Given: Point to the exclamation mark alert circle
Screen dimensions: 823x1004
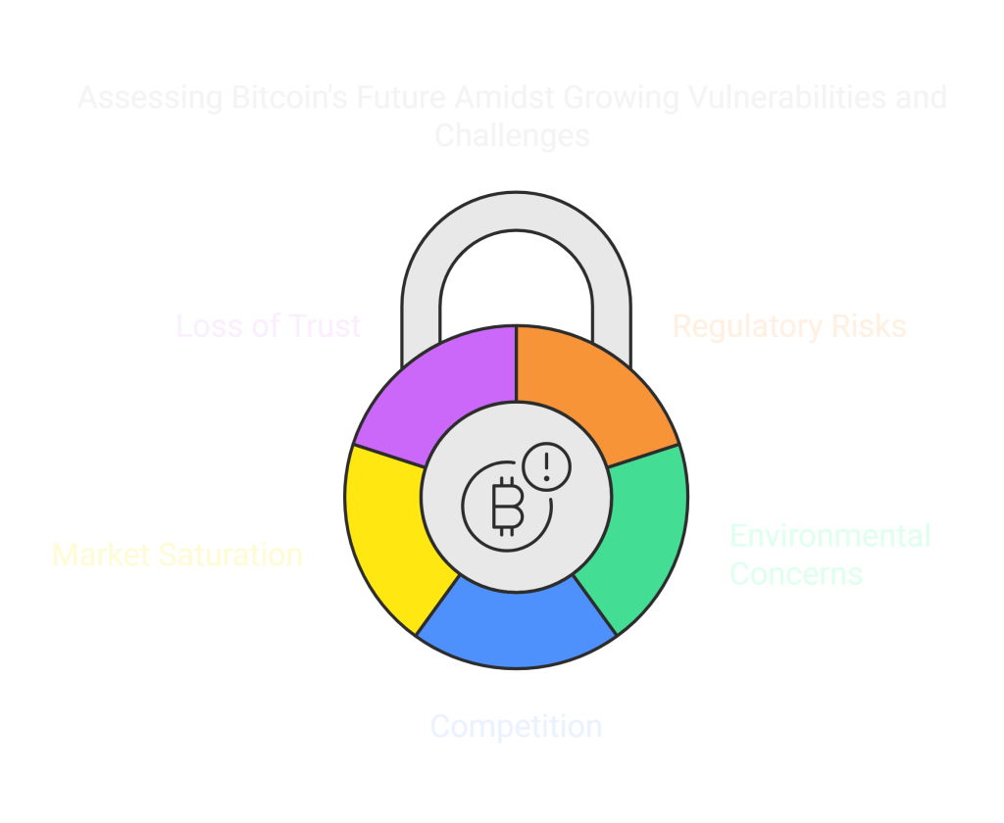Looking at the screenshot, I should (546, 465).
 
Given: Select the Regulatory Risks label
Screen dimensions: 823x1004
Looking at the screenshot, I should (789, 326).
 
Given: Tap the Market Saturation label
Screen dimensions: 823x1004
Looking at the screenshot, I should (176, 555).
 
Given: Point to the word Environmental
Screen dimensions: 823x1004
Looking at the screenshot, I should (830, 536).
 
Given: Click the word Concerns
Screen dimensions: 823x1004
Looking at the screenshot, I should (796, 573).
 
